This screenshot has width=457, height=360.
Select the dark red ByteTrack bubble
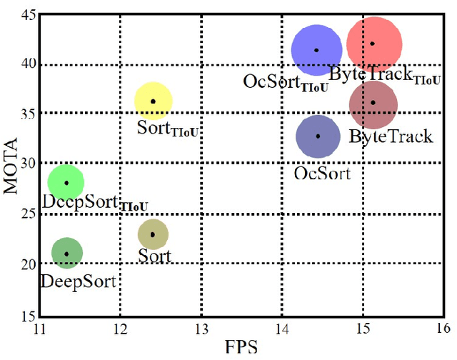pos(373,104)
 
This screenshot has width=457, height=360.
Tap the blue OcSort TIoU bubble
pos(317,50)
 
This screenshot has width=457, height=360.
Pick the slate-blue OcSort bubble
pos(318,136)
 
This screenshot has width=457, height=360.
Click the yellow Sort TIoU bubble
pos(153,101)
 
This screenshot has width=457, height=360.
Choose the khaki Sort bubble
pos(153,234)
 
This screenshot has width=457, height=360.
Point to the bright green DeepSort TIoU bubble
pos(66,183)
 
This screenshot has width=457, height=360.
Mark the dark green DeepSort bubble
pos(67,253)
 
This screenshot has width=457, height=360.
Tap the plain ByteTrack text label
pos(390,136)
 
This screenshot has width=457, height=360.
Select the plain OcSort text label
pos(323,173)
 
